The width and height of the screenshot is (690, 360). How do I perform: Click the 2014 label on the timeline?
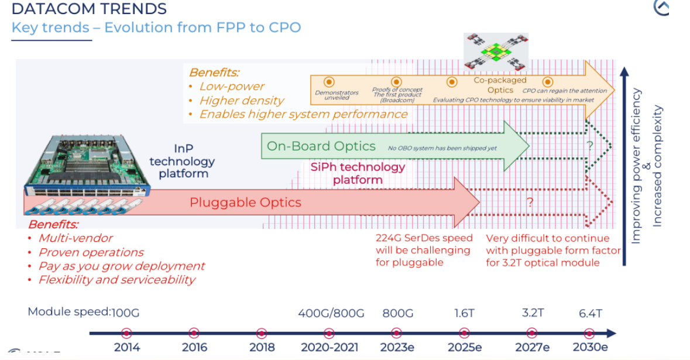click(126, 347)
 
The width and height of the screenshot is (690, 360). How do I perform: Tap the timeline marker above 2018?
click(262, 333)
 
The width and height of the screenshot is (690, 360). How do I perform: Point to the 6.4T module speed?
click(590, 313)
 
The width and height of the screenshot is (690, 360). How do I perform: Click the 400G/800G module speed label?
click(331, 313)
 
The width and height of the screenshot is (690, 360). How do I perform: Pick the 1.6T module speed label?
click(464, 313)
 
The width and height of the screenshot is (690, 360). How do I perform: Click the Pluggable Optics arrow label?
click(245, 203)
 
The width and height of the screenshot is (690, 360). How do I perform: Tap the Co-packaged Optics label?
click(500, 85)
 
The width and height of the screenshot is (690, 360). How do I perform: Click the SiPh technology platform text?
click(358, 173)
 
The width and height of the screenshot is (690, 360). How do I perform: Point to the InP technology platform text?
click(182, 161)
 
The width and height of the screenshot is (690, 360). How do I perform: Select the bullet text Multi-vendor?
click(75, 238)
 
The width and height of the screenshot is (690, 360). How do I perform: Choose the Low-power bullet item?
click(232, 86)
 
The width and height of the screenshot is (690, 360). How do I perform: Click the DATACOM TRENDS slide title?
click(89, 9)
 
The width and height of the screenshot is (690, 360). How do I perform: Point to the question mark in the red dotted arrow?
click(530, 203)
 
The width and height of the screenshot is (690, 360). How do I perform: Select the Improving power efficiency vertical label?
click(637, 166)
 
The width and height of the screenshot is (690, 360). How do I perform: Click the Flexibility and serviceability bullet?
click(116, 280)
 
